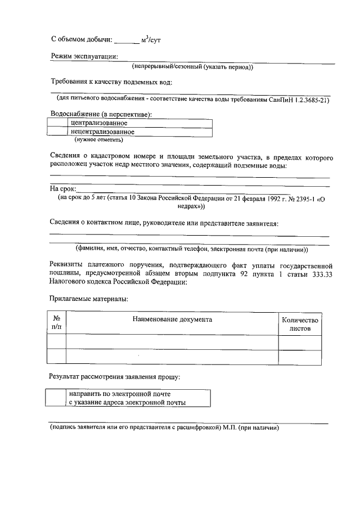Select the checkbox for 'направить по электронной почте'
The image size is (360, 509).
[x=57, y=398]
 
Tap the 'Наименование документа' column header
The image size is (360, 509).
[x=172, y=319]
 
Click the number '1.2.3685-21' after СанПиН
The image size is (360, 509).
[x=309, y=100]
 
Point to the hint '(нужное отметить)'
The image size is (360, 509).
[x=98, y=140]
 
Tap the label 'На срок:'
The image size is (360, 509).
[x=62, y=189]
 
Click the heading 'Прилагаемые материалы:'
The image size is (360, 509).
[x=88, y=298]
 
